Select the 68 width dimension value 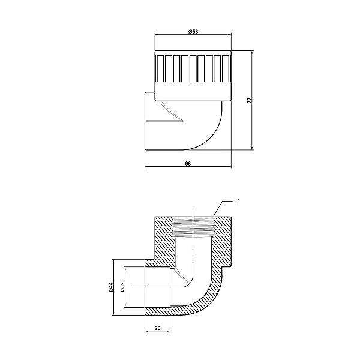point(188,163)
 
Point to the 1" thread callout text point(238,201)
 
